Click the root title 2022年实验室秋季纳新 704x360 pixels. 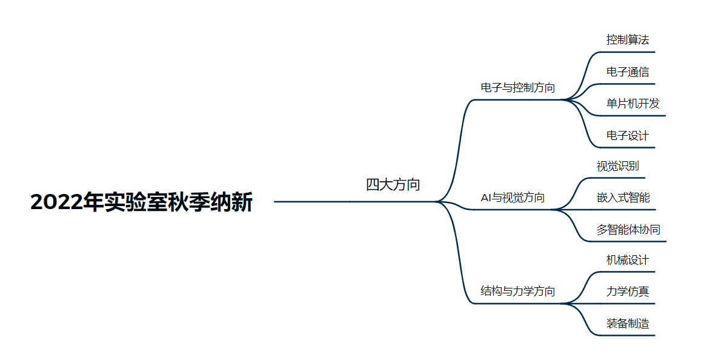click(141, 202)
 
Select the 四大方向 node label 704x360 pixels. click(393, 185)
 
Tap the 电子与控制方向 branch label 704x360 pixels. click(517, 87)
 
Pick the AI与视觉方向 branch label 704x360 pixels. click(512, 198)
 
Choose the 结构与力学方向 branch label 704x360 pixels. click(517, 291)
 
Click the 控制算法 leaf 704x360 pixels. click(628, 40)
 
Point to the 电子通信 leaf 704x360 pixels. click(628, 72)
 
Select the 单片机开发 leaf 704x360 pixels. click(633, 104)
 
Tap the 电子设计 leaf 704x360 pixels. click(628, 135)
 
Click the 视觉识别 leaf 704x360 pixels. click(617, 166)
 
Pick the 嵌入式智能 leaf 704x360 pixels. click(623, 198)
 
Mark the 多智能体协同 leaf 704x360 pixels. click(628, 230)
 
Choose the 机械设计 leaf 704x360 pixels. click(628, 260)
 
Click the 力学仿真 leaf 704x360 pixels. click(628, 292)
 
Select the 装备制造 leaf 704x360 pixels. click(628, 324)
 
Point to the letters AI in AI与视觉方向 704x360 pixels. click(486, 198)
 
